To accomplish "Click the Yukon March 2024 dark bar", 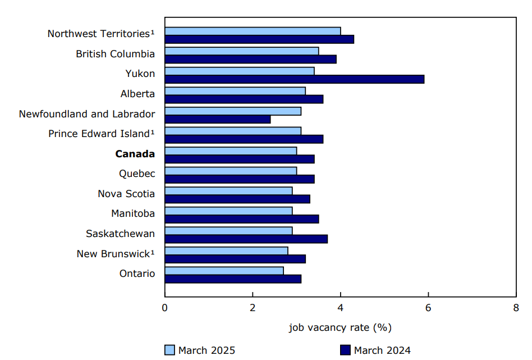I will click(x=295, y=79).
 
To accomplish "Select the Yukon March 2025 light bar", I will click(x=240, y=71).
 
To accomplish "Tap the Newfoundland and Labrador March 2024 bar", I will click(x=218, y=119).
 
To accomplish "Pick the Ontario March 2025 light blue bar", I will click(x=224, y=271).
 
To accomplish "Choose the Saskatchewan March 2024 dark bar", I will click(x=246, y=239).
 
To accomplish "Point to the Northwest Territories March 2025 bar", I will click(x=253, y=31).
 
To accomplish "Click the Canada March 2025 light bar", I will click(x=231, y=151).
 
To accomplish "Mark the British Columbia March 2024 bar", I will click(x=251, y=59).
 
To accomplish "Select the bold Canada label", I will click(x=135, y=154).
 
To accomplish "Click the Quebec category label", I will click(x=137, y=174).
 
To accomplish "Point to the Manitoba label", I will click(x=133, y=213).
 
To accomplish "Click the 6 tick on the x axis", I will click(x=428, y=307).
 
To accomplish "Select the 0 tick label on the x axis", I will click(x=165, y=307).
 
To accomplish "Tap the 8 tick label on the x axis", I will click(x=516, y=307).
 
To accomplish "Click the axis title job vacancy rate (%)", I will click(x=340, y=327).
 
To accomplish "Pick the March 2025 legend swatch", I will click(x=170, y=350).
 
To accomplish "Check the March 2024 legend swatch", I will click(x=345, y=350).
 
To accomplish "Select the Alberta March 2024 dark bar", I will click(x=244, y=99).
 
